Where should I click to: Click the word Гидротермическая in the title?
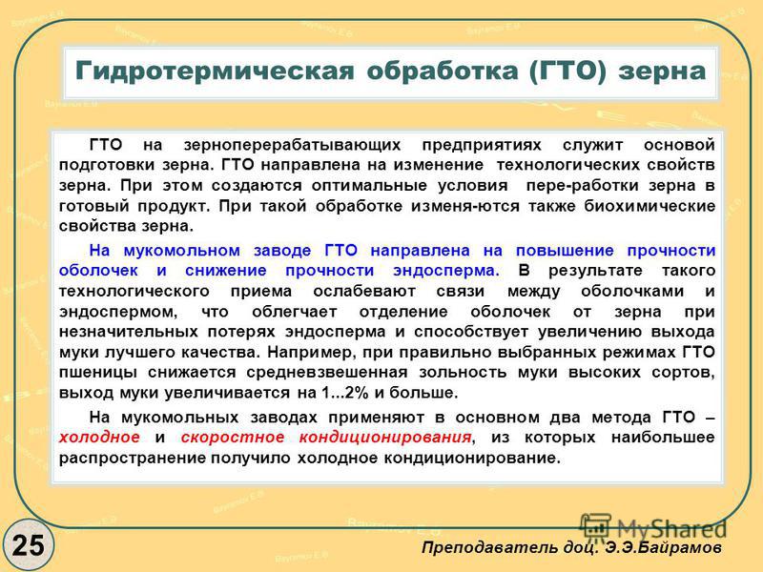pos(215,71)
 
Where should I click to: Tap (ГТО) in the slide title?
pos(567,71)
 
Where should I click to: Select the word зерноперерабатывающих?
pos(293,145)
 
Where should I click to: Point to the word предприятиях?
pos(482,145)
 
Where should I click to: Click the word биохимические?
pos(650,206)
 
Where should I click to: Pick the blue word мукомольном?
pos(181,251)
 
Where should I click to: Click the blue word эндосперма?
pos(446,271)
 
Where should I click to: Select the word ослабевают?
pos(364,292)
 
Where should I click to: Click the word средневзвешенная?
pos(327,373)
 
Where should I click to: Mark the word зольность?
pos(463,373)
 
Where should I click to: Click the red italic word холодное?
pos(99,438)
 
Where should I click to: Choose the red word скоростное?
pos(233,438)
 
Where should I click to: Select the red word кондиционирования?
pos(385,438)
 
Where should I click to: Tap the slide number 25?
pos(28,545)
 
